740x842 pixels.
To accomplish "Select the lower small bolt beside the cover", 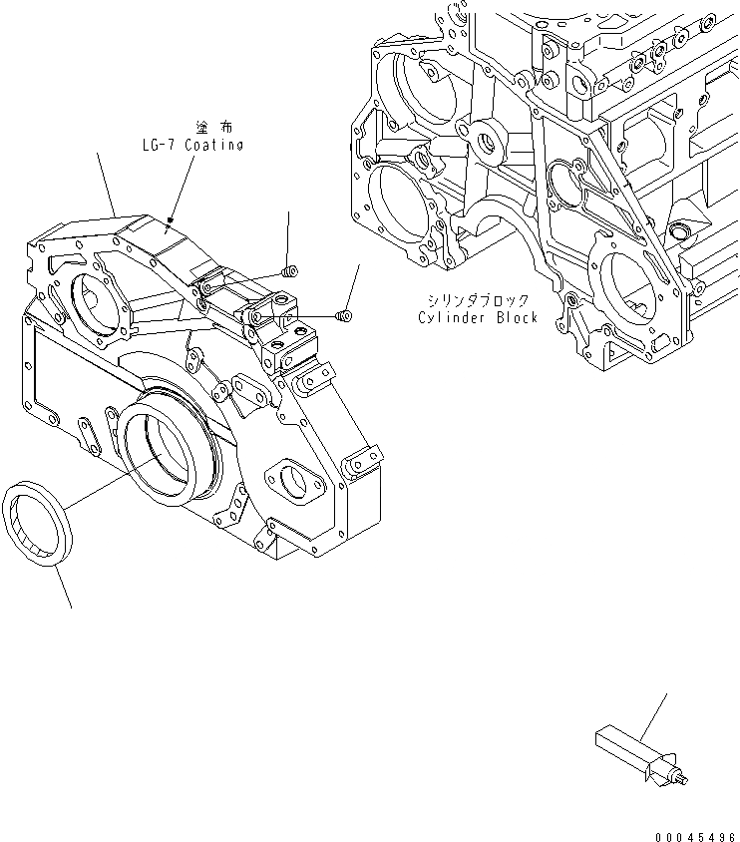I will tap(344, 316).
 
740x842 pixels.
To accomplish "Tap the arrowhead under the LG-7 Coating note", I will tap(171, 221).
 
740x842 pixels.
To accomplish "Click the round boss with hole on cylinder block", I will tap(489, 142).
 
